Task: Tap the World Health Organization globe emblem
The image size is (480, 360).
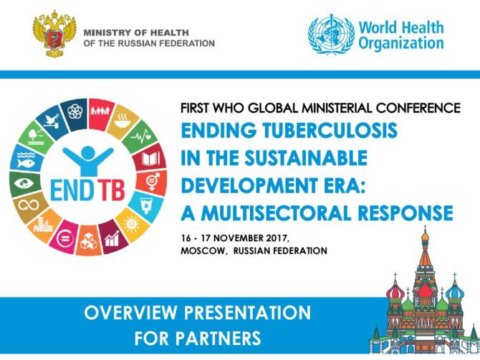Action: tap(330, 35)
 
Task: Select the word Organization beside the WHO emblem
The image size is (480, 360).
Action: tap(402, 43)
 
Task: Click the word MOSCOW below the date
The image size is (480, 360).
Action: tap(203, 251)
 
